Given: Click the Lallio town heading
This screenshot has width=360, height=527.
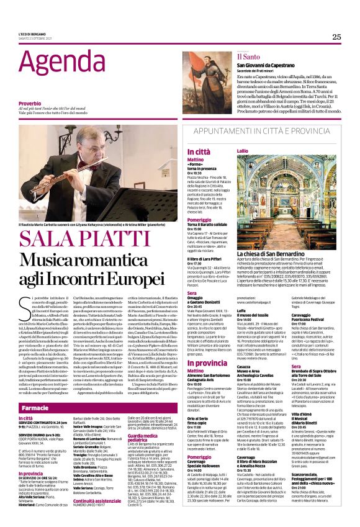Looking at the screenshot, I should click(242, 151).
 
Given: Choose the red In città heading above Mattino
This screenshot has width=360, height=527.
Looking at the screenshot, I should click(198, 151).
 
